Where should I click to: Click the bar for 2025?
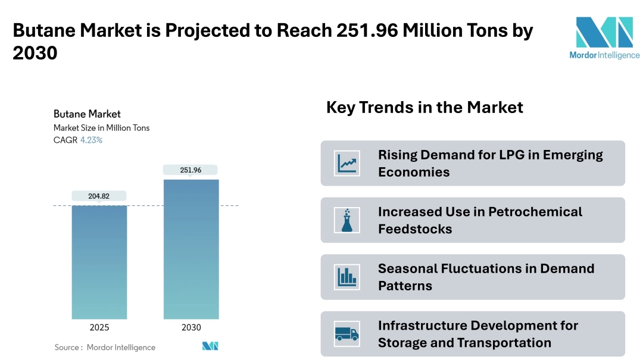tap(99, 262)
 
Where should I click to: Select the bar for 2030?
tap(191, 249)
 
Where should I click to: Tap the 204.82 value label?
tap(99, 196)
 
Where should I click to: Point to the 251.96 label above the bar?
tap(191, 170)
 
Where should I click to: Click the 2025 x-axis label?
tap(99, 327)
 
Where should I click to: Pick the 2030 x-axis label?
tap(191, 327)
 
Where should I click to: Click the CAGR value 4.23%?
tap(92, 140)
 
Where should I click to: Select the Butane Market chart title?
tap(87, 114)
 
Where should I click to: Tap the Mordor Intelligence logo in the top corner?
tap(604, 37)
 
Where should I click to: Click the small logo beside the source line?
tap(210, 346)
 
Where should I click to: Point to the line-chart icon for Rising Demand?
tap(347, 164)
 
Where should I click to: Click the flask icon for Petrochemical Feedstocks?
tap(347, 220)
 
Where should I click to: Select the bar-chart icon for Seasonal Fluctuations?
tap(347, 277)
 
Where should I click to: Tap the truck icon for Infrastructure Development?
tap(347, 334)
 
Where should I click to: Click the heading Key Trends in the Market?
tap(424, 108)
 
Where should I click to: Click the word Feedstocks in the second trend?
tap(415, 228)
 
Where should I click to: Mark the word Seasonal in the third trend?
tap(408, 268)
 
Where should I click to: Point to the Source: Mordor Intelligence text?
tap(105, 348)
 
